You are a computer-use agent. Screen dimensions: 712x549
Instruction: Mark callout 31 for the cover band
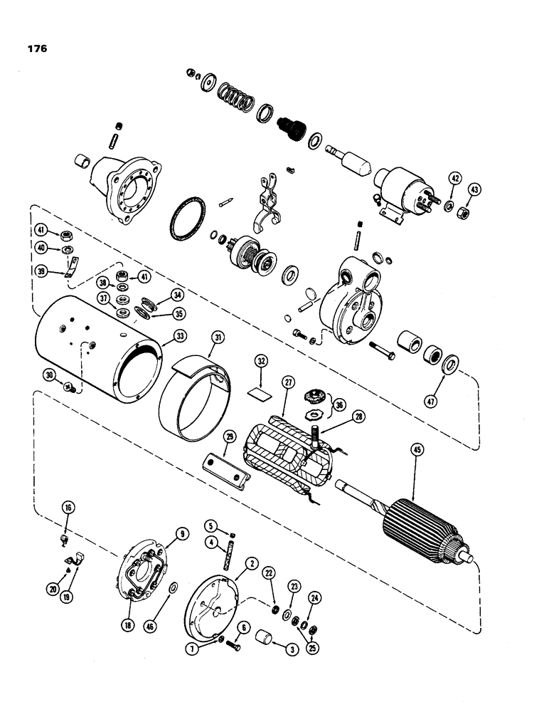(x=216, y=336)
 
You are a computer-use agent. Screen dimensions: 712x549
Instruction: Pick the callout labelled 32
(x=262, y=362)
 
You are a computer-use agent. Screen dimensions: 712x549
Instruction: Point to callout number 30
(x=49, y=375)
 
